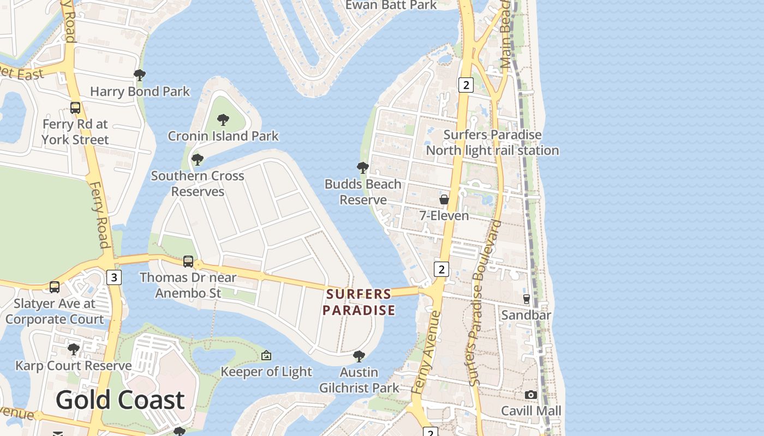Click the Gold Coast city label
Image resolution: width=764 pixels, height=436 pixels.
click(x=120, y=400)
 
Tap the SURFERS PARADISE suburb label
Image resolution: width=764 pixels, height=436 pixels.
click(x=359, y=302)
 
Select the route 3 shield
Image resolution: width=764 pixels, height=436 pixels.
click(x=114, y=277)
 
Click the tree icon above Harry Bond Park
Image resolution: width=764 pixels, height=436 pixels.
click(x=140, y=75)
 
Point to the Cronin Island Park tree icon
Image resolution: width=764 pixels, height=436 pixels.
click(x=223, y=120)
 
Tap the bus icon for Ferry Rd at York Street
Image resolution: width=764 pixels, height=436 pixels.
click(x=75, y=108)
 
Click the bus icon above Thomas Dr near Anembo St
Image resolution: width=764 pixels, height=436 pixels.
click(x=188, y=262)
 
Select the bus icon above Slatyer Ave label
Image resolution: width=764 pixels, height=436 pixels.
click(x=55, y=287)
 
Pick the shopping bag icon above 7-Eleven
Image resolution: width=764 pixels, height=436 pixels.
click(x=444, y=199)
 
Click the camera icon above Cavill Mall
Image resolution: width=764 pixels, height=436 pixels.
click(x=530, y=395)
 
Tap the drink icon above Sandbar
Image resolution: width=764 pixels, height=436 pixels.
click(x=527, y=299)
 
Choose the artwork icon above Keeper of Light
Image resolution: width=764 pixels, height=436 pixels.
click(x=266, y=356)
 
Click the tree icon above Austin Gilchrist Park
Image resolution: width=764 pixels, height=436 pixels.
click(x=359, y=356)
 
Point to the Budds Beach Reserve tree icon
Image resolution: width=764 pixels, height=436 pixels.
click(x=362, y=168)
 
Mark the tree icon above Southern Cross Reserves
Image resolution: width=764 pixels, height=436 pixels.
click(x=198, y=160)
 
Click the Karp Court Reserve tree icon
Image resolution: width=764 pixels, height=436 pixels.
click(x=73, y=349)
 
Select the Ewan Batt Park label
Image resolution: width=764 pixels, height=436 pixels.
click(x=391, y=5)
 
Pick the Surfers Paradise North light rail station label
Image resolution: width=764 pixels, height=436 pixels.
click(x=492, y=142)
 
